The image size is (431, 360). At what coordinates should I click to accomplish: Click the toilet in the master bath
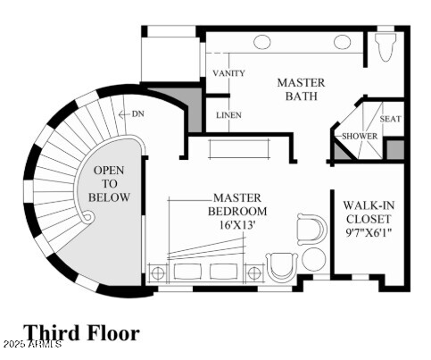tap(385, 47)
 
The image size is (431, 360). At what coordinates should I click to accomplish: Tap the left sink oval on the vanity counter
tap(262, 42)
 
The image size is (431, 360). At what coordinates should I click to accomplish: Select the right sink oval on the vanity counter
tap(342, 42)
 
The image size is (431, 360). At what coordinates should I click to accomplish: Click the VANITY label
tap(228, 73)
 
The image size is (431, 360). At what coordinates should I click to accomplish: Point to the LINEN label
tap(228, 115)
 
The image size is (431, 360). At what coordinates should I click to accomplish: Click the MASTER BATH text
tap(301, 89)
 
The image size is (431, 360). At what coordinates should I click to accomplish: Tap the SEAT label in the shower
tap(390, 119)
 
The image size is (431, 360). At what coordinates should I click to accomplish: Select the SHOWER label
tap(360, 136)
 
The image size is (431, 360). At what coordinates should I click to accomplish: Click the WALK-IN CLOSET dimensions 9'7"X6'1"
tap(369, 232)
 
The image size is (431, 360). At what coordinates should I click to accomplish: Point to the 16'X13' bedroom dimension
tap(237, 224)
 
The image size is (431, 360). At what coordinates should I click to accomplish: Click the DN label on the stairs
tap(138, 113)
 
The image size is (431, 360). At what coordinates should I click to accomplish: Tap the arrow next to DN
tap(124, 114)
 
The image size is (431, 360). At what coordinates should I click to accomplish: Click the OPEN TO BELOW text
tap(109, 184)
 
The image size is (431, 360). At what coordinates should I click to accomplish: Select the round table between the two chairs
tap(313, 259)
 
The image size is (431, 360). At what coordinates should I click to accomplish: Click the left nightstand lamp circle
tap(158, 273)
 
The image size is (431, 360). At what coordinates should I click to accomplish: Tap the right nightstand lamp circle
tap(254, 273)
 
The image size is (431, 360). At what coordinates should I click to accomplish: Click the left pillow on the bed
tap(187, 272)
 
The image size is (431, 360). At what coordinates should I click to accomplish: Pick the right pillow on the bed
tap(223, 272)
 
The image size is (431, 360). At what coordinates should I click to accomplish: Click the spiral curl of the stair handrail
tap(87, 216)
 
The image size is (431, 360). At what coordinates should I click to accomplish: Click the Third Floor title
tap(81, 332)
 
